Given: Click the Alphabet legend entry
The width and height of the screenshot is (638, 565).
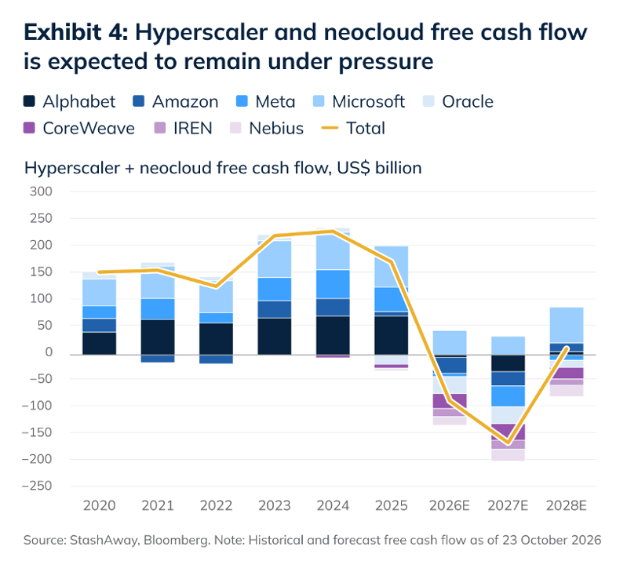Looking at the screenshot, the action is [x=70, y=102].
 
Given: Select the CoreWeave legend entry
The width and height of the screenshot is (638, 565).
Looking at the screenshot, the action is [x=79, y=128].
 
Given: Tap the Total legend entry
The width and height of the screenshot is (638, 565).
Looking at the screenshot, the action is [x=353, y=128].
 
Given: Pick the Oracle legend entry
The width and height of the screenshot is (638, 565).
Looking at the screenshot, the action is [x=458, y=102].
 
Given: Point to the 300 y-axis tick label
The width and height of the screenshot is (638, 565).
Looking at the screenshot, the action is [x=41, y=191].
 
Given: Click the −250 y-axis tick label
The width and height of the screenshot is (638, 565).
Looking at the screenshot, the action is [x=37, y=486].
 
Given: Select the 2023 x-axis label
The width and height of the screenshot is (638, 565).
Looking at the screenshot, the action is [x=275, y=505].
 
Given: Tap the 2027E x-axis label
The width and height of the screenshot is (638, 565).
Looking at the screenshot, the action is [x=508, y=505].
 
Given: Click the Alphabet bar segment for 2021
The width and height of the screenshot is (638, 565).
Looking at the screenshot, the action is [x=158, y=337].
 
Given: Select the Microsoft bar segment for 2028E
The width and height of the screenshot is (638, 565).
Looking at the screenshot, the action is [x=567, y=325].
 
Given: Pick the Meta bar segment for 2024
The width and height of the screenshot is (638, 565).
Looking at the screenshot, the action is [x=333, y=284].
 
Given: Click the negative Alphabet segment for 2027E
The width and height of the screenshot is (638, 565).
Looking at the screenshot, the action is [x=509, y=363].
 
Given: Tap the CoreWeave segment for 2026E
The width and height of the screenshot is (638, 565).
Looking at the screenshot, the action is [x=450, y=401].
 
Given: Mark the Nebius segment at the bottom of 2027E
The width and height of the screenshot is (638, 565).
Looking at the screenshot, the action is [x=509, y=455].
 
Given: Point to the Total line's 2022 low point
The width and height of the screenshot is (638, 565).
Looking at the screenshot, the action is [x=216, y=286].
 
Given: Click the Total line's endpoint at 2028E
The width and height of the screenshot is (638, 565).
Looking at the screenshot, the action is [x=567, y=348].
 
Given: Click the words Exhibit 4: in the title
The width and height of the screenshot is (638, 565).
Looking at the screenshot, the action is [x=76, y=32].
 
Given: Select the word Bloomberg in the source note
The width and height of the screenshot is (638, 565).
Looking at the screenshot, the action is [x=177, y=540].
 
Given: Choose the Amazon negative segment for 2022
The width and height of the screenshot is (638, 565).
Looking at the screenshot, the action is [x=216, y=359].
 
